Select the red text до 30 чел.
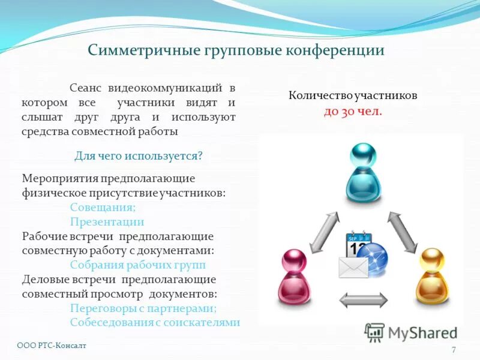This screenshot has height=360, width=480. pos(353,112)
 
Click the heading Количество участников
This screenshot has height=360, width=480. pos(353,95)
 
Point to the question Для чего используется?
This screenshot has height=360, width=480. pos(138,156)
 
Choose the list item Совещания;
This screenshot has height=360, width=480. pos(103,207)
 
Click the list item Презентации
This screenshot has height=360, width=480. pos(107,221)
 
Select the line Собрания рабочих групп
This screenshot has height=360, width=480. pos(137,265)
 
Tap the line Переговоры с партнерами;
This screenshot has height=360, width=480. pos(143,308)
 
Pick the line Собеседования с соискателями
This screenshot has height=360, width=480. pos(155,322)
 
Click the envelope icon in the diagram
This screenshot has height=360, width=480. pos(353,267)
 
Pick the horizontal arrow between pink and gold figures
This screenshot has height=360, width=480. pos(364,299)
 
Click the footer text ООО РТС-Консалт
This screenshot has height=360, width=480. pos(52,346)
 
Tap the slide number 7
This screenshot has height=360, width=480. pos(454,350)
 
